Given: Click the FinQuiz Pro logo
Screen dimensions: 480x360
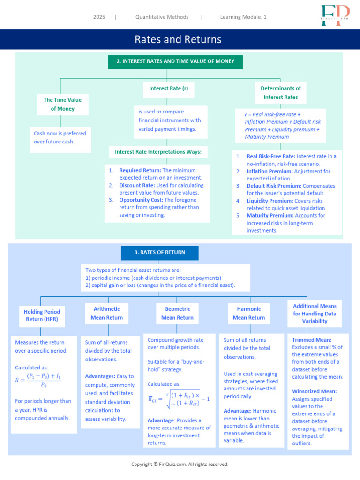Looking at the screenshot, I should click(336, 15).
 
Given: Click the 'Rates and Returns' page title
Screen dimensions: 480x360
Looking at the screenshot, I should click(178, 39).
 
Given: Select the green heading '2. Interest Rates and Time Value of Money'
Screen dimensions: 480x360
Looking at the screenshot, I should click(175, 61).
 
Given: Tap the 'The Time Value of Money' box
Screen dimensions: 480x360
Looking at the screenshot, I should click(62, 104).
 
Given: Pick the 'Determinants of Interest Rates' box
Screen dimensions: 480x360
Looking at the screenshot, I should click(280, 92).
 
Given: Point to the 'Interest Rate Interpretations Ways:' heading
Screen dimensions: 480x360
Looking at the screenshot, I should click(158, 152).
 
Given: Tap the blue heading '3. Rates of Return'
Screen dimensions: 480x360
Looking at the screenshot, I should click(159, 252).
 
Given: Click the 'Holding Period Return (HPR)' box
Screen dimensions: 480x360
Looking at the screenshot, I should click(42, 315).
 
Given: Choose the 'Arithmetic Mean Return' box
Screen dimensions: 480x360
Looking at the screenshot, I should click(106, 313).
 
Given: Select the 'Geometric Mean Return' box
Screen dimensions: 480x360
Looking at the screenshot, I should click(177, 313).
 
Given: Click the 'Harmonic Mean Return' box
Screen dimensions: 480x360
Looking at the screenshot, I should click(248, 313).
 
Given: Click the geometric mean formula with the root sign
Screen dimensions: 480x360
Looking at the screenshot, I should click(179, 398).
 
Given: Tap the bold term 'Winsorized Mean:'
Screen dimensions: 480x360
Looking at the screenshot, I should click(314, 391).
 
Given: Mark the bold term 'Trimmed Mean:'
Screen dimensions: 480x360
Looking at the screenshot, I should click(311, 340).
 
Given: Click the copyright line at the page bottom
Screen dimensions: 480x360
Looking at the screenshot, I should click(180, 464).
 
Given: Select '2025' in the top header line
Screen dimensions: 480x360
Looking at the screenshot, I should click(99, 17).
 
